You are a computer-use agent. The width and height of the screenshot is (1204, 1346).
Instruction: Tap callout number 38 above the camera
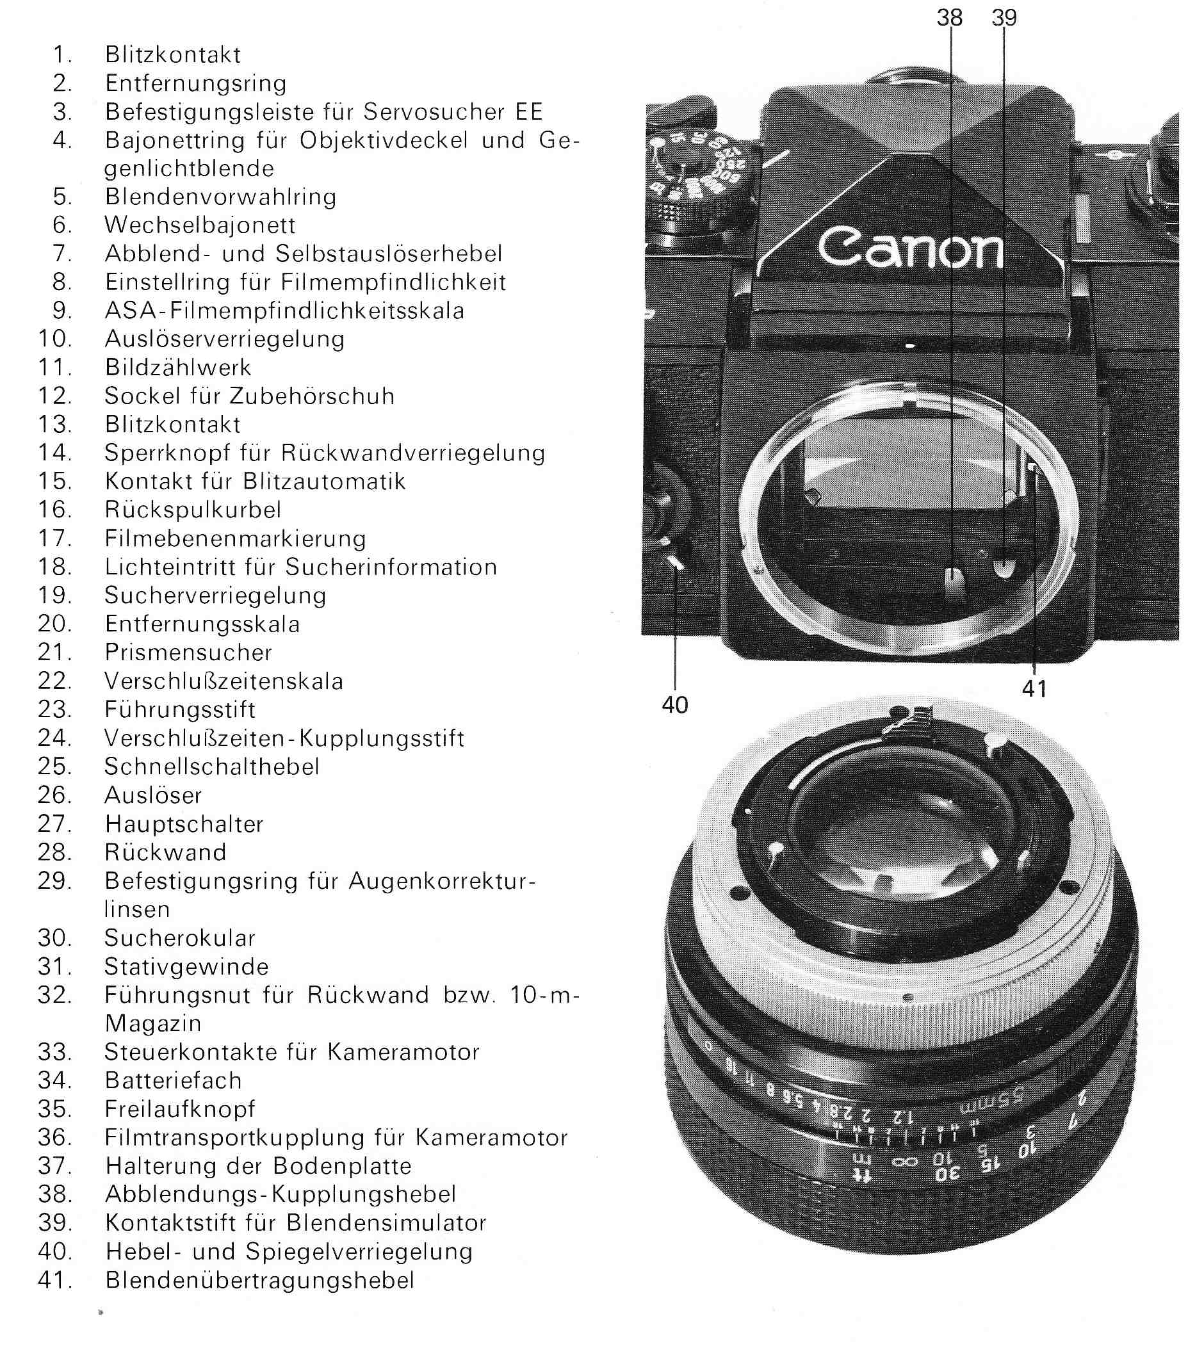pyautogui.click(x=949, y=17)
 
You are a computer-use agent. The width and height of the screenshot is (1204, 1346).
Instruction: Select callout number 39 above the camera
pyautogui.click(x=1004, y=17)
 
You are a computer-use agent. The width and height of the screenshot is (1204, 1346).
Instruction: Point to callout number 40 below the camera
pyautogui.click(x=675, y=705)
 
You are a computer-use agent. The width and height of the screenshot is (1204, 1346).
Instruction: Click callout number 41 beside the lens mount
pyautogui.click(x=1035, y=689)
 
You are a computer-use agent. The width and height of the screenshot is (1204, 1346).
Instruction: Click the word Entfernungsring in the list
pyautogui.click(x=196, y=83)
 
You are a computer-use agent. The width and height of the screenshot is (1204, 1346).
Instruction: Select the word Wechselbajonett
pyautogui.click(x=200, y=225)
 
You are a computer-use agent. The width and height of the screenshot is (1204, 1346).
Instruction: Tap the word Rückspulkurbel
pyautogui.click(x=193, y=509)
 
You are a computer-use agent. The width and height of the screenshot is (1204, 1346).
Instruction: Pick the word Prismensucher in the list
pyautogui.click(x=188, y=652)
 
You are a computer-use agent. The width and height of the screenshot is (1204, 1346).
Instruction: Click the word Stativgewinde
pyautogui.click(x=186, y=966)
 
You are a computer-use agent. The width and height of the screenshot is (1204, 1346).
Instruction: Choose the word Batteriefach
pyautogui.click(x=174, y=1080)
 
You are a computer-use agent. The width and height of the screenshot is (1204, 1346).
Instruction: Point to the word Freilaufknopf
pyautogui.click(x=180, y=1108)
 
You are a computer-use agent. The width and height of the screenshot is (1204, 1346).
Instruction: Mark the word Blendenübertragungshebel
pyautogui.click(x=260, y=1280)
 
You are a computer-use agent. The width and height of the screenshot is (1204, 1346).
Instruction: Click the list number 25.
pyautogui.click(x=54, y=766)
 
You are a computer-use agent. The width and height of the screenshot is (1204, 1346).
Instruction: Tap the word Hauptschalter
pyautogui.click(x=184, y=823)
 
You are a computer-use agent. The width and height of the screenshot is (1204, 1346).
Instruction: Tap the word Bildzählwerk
pyautogui.click(x=178, y=367)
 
